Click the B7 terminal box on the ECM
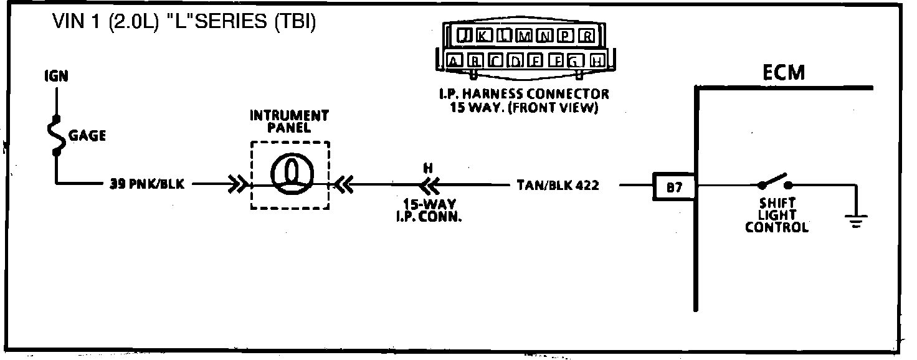tap(674, 186)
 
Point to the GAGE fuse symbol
tap(57, 135)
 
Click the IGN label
tap(56, 77)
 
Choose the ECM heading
tap(784, 73)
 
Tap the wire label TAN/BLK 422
tap(558, 185)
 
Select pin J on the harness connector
tap(464, 36)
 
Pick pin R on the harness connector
tap(586, 36)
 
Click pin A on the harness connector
tap(455, 61)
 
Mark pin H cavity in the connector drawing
tap(596, 61)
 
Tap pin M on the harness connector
tap(525, 36)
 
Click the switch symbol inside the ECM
tap(774, 181)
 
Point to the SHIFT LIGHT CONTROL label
tap(776, 216)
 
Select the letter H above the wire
tap(427, 168)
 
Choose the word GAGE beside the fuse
tap(87, 135)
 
